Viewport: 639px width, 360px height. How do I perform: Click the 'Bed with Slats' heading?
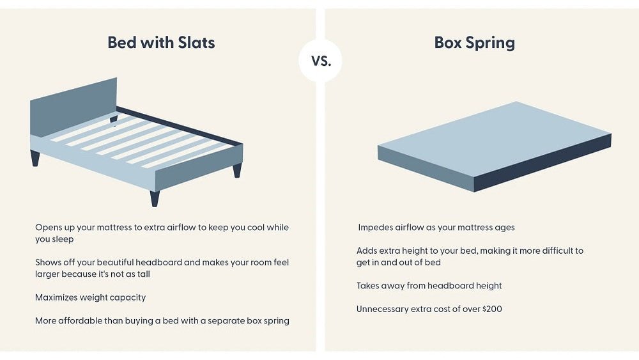click(161, 43)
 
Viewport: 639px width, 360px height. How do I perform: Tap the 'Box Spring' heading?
click(474, 43)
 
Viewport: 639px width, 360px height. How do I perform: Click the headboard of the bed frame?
click(73, 108)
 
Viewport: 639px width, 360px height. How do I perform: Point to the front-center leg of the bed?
click(155, 198)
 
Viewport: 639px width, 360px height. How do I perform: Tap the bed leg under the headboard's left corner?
click(35, 158)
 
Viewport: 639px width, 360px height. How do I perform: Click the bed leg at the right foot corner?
click(237, 170)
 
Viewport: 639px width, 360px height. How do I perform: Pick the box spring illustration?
click(492, 144)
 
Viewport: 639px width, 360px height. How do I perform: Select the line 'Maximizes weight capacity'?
click(91, 297)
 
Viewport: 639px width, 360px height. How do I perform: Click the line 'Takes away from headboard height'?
click(429, 286)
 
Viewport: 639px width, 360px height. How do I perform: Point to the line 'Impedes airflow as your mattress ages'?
click(436, 228)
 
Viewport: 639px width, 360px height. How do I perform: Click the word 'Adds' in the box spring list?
click(367, 251)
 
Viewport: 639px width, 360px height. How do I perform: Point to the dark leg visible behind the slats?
click(114, 119)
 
